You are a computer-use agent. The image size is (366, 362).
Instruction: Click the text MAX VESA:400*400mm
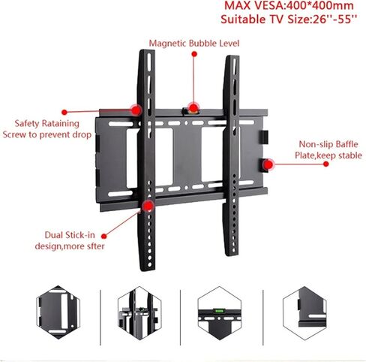[x=289, y=5]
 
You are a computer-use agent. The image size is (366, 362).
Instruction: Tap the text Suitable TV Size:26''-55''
[x=289, y=20]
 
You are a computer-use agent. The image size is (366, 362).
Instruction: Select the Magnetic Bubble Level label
[x=194, y=43]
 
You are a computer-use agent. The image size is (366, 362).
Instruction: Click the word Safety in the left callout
[x=27, y=123]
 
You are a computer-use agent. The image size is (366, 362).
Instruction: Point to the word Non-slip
[x=316, y=144]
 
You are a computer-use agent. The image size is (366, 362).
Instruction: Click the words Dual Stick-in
[x=70, y=235]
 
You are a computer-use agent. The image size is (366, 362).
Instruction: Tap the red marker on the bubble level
[x=193, y=108]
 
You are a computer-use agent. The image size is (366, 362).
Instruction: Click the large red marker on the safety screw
[x=136, y=110]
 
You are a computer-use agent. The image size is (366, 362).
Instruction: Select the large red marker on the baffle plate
[x=268, y=164]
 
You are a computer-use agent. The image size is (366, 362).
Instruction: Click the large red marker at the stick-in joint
[x=148, y=206]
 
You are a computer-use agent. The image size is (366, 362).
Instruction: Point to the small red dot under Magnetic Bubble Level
[x=194, y=54]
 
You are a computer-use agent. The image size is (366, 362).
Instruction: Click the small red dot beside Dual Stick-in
[x=104, y=236]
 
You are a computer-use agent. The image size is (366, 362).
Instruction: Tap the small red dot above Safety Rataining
[x=64, y=112]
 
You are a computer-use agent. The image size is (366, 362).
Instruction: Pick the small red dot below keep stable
[x=325, y=164]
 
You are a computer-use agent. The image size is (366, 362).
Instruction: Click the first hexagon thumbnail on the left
[x=58, y=312]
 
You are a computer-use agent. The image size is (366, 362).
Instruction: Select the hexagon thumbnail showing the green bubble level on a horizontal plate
[x=220, y=313]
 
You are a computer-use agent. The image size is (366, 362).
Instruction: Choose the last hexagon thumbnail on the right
[x=304, y=313]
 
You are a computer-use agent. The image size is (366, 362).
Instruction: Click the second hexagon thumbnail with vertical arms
[x=139, y=313]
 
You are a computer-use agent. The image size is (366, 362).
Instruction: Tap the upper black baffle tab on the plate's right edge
[x=265, y=137]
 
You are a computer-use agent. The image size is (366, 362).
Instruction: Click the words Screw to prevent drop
[x=47, y=134]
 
